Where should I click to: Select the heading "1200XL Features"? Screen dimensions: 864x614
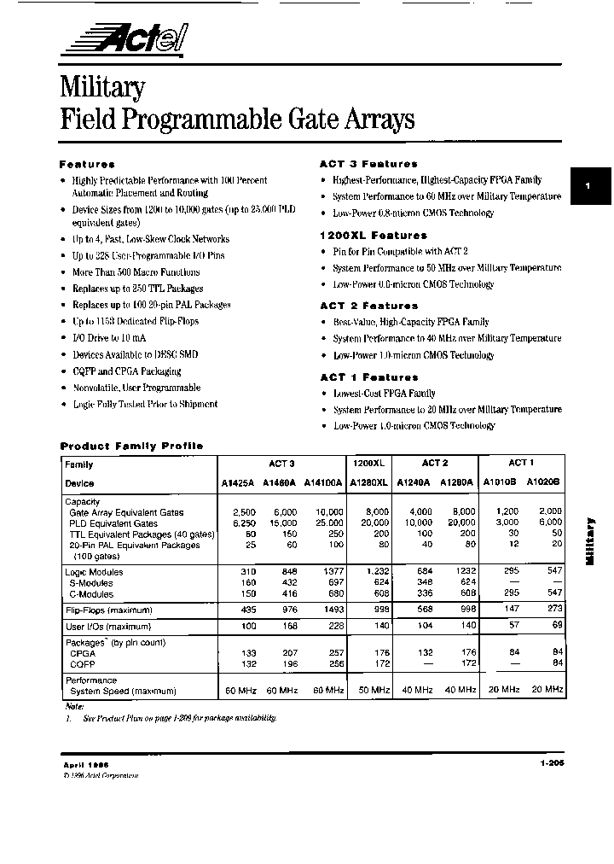[x=373, y=235]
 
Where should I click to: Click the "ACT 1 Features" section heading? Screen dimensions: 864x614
[x=368, y=377]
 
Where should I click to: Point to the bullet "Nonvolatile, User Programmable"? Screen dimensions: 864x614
[x=136, y=388]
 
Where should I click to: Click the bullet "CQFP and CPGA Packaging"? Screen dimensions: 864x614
[x=126, y=371]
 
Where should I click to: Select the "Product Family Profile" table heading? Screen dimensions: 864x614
[x=131, y=446]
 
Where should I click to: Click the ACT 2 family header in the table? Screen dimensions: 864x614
[x=435, y=463]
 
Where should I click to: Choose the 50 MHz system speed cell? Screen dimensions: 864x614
[x=374, y=689]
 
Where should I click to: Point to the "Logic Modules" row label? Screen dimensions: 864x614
[x=94, y=572]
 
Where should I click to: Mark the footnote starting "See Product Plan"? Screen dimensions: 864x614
[x=178, y=718]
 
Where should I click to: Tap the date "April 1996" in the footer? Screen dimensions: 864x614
[x=85, y=765]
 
